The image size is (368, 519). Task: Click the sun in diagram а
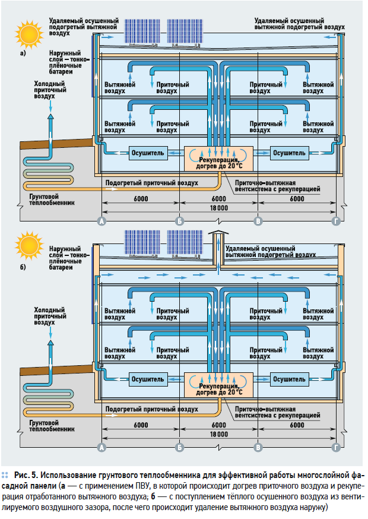[26, 33]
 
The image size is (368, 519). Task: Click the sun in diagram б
[26, 246]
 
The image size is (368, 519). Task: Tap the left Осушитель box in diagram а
[148, 153]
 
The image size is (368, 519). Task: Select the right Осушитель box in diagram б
[289, 378]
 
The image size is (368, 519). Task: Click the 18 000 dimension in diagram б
[218, 435]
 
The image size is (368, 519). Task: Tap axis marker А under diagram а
[101, 221]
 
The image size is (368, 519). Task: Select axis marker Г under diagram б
[337, 447]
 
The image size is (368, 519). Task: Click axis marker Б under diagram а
[179, 221]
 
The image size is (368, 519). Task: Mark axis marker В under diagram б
[258, 447]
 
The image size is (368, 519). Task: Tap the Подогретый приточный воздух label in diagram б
[151, 409]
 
